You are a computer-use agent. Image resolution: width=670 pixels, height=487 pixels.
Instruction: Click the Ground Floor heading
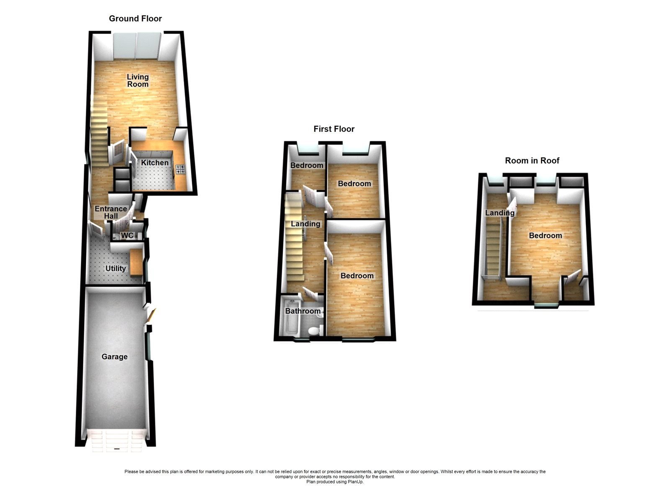click(135, 18)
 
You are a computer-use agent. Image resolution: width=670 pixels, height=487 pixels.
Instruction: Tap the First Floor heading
click(334, 129)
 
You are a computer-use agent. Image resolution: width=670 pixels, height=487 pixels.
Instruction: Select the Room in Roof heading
click(532, 160)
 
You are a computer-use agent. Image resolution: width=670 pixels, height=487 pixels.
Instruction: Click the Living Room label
click(138, 80)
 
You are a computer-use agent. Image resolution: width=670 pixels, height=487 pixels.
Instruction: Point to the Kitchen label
click(155, 162)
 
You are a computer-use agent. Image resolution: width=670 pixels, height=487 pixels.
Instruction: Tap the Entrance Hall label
click(111, 212)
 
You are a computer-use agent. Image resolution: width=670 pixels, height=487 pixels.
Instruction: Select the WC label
click(127, 235)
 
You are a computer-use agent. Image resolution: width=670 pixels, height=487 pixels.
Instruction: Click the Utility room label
click(116, 268)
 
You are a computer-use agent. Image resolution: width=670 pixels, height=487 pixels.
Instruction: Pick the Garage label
click(114, 357)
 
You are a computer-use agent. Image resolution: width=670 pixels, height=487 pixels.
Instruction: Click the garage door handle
click(116, 450)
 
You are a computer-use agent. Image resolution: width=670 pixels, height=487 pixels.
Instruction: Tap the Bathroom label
click(303, 311)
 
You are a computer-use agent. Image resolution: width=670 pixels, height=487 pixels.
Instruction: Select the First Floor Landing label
click(305, 224)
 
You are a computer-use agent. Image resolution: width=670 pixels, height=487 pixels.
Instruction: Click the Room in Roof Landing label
click(500, 213)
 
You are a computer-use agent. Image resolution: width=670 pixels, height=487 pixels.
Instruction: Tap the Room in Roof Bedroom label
click(545, 235)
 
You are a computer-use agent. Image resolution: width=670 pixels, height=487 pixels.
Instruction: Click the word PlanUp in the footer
click(356, 482)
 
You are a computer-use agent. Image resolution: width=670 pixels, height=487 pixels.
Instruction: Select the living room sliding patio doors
click(137, 46)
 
